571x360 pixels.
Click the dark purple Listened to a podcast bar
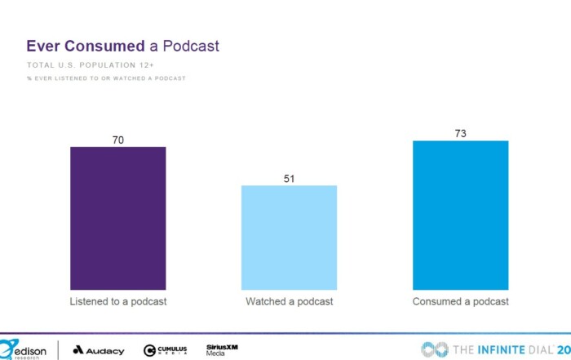(x=117, y=218)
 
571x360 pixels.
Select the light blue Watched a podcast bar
(x=289, y=238)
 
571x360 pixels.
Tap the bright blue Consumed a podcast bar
(x=461, y=215)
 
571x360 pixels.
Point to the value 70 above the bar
(x=118, y=140)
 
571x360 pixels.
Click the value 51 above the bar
(x=289, y=179)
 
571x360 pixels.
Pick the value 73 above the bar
(x=461, y=134)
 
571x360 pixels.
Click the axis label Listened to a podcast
(x=117, y=302)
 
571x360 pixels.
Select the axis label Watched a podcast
(x=289, y=302)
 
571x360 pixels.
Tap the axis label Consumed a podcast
(x=461, y=302)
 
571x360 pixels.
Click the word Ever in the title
(x=41, y=47)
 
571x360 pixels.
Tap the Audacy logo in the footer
(x=99, y=350)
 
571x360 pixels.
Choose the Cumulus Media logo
(x=166, y=350)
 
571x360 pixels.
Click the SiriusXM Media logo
(x=222, y=350)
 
